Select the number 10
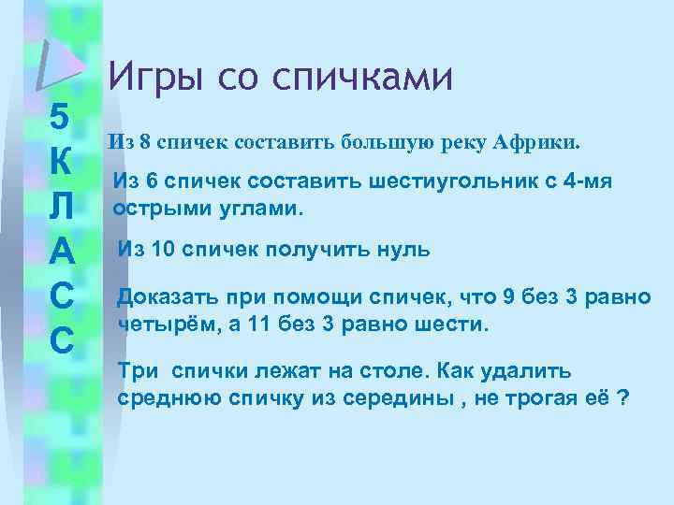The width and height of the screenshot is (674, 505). (x=168, y=250)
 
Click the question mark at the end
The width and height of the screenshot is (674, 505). (x=623, y=397)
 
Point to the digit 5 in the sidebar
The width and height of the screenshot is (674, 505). (x=58, y=119)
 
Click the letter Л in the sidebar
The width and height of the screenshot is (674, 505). (x=58, y=208)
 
